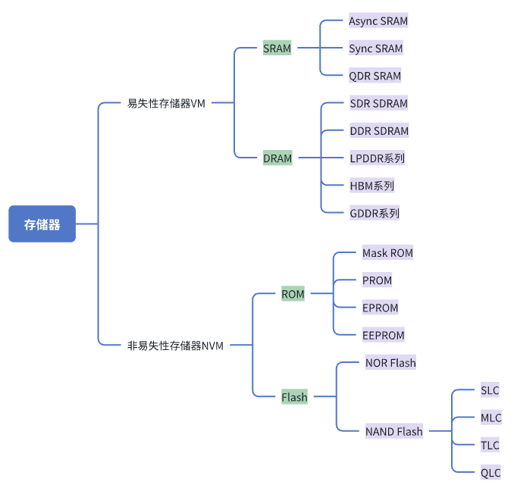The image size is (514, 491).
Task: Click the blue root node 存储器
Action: (42, 224)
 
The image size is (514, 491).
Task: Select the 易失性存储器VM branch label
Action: (166, 103)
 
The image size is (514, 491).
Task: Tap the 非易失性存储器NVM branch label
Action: (175, 346)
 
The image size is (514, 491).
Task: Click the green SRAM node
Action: (277, 48)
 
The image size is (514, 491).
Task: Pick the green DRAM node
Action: (277, 158)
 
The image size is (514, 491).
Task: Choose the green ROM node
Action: (293, 294)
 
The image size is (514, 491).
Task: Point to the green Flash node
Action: (294, 397)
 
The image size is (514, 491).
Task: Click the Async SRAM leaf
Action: (378, 21)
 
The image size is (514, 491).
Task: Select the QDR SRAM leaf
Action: (375, 76)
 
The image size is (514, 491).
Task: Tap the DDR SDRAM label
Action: (379, 131)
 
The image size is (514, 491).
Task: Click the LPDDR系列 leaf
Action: (377, 158)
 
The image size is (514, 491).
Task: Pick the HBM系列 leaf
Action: (371, 186)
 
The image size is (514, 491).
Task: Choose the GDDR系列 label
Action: (375, 213)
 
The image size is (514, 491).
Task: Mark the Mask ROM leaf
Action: (387, 253)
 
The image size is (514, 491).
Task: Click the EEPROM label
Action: (383, 335)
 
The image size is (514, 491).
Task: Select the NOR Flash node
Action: (390, 363)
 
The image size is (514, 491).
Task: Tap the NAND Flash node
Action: (393, 432)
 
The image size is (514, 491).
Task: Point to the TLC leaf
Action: (490, 446)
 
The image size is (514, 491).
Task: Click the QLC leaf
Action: (490, 473)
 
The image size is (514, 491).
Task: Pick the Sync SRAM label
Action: (375, 48)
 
